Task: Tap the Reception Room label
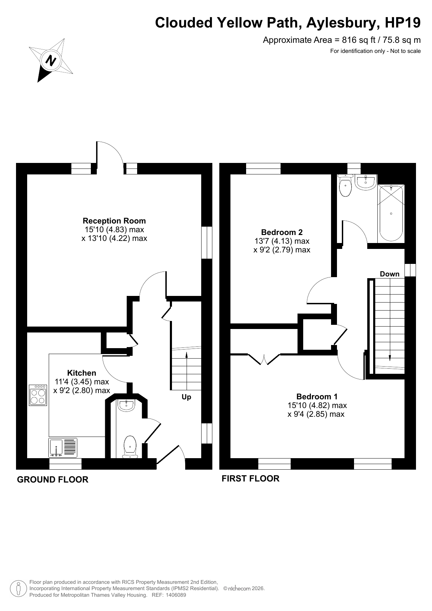tap(114, 221)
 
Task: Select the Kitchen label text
tap(82, 373)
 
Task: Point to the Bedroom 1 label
tap(317, 397)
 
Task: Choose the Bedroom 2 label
tap(282, 232)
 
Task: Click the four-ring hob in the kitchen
tap(38, 395)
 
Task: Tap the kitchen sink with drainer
tap(63, 448)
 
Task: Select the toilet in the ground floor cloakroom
tap(130, 447)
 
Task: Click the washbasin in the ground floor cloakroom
tap(126, 406)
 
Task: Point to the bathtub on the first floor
tap(391, 213)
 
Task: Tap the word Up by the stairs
tap(187, 397)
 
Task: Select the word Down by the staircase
tap(390, 274)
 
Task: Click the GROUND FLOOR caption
tap(53, 479)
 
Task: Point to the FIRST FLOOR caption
tap(251, 478)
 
